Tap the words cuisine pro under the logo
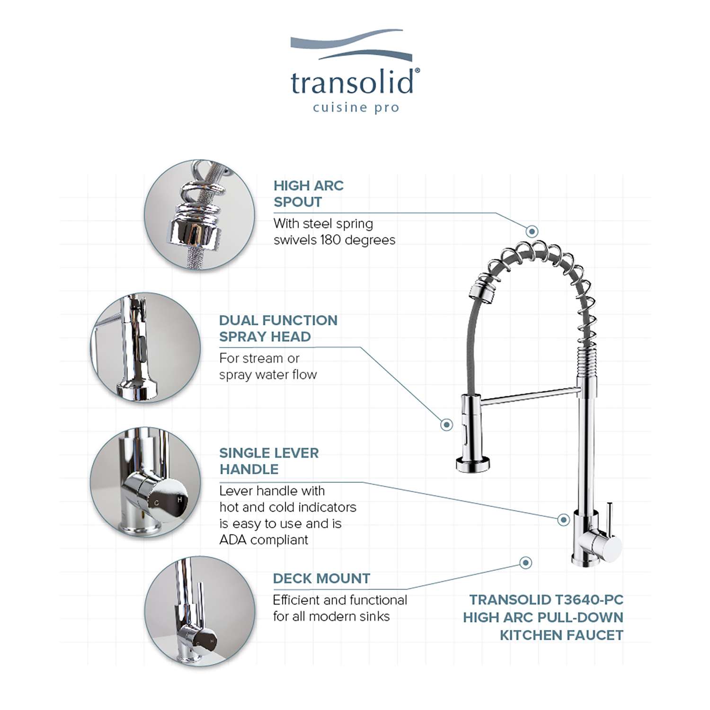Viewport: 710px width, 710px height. [x=356, y=108]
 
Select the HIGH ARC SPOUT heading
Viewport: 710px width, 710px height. [x=309, y=194]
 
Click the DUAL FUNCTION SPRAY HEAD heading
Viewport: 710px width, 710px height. [x=278, y=328]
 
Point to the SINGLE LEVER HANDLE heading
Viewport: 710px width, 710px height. [x=269, y=461]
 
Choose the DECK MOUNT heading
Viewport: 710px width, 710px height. [x=321, y=578]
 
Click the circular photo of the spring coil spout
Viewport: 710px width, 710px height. [x=199, y=215]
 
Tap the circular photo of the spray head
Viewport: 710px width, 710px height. [x=145, y=348]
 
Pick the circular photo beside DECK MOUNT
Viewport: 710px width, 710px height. [x=199, y=612]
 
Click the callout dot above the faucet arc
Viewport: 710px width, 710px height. [x=532, y=231]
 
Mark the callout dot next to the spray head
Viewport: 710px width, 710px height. [x=446, y=425]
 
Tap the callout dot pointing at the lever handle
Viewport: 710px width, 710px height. [x=563, y=520]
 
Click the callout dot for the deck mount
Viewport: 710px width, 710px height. [x=525, y=563]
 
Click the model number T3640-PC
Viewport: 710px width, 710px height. [x=589, y=600]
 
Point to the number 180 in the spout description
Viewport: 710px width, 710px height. [x=330, y=240]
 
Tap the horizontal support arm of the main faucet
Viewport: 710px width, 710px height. [x=529, y=396]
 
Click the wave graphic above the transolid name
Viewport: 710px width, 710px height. [x=351, y=45]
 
